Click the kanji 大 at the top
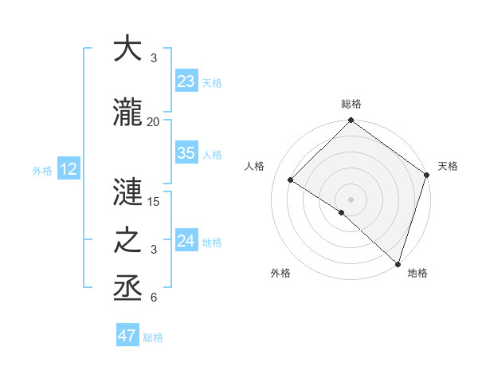pos(127,49)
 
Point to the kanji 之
pos(127,240)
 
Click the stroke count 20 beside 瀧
pos(154,121)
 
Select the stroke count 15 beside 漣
pos(154,202)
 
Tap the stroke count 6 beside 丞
pos(154,298)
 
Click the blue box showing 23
pos(186,81)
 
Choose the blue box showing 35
pos(186,153)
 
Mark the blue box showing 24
pos(186,241)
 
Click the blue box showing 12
pos(69,169)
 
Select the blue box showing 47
pos(127,336)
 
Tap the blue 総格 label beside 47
pos(153,337)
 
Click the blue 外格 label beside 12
pos(42,170)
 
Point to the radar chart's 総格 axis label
pos(351,105)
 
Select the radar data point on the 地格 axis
pos(398,263)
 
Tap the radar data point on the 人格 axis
pos(291,180)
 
